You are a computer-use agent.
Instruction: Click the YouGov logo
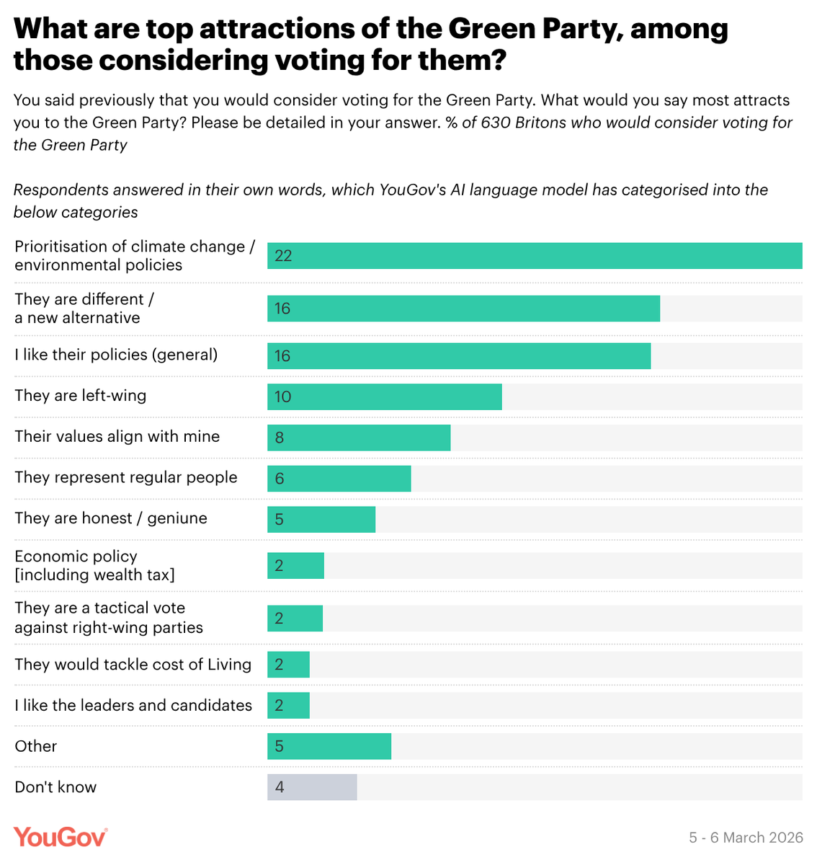61,837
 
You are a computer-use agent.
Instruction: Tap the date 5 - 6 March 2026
746,838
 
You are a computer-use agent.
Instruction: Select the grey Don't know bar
312,787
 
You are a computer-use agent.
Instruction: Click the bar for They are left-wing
384,396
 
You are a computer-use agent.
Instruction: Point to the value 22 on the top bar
283,256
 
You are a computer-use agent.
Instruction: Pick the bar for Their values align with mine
359,438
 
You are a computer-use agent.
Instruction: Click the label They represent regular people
126,477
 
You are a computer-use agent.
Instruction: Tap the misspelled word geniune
177,518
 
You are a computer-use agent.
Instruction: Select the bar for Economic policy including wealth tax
295,566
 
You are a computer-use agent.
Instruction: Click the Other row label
36,746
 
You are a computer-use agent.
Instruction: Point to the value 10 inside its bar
283,396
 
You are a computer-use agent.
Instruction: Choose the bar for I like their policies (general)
459,356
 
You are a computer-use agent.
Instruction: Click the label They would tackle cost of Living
133,665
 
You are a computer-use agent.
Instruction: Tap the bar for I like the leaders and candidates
288,706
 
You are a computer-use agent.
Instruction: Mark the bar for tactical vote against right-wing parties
295,618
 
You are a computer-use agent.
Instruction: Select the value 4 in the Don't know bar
280,787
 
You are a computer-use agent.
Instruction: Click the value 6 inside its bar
280,479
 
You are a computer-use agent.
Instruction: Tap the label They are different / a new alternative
84,309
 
